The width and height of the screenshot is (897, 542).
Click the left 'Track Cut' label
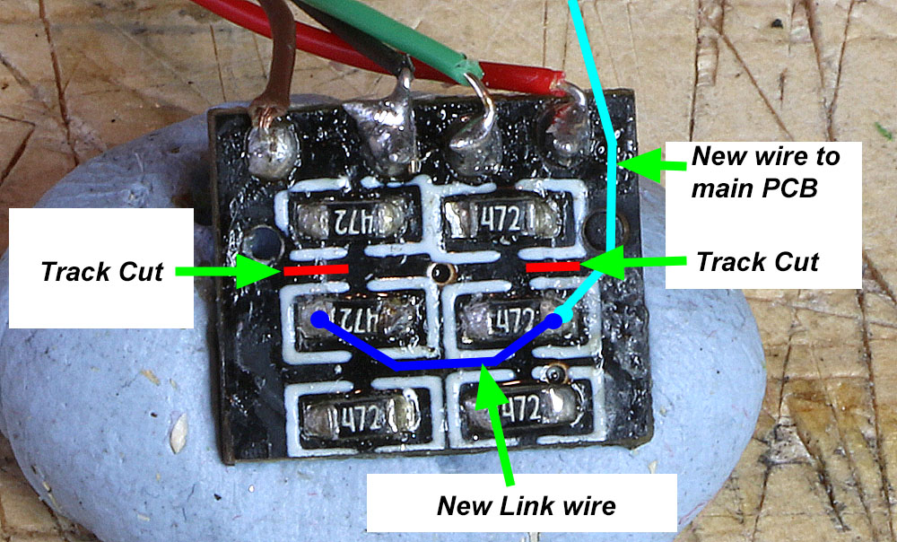[101, 270]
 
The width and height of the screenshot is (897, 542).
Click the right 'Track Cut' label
[757, 262]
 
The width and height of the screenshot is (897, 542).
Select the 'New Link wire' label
[526, 505]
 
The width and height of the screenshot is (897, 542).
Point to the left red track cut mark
[316, 268]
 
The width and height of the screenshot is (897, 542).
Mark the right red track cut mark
[552, 266]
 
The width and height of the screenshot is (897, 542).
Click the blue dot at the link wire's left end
[317, 318]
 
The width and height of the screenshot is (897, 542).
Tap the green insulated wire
[422, 36]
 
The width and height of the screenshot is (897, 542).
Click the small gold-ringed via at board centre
[440, 272]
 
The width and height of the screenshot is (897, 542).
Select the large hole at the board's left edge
[262, 241]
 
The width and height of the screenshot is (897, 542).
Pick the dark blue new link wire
[440, 364]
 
